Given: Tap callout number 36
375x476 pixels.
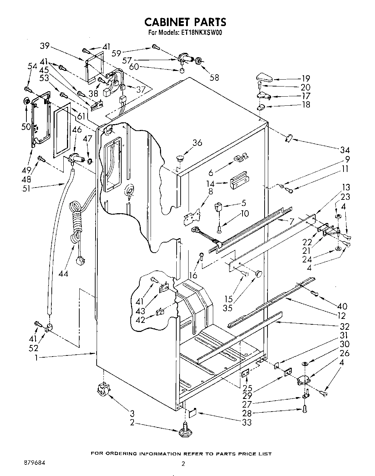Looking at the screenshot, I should [x=197, y=143].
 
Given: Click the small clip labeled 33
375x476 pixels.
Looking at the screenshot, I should [x=193, y=412].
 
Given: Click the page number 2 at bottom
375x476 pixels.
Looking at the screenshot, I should [x=184, y=464].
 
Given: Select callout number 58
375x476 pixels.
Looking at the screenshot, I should [x=214, y=77].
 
